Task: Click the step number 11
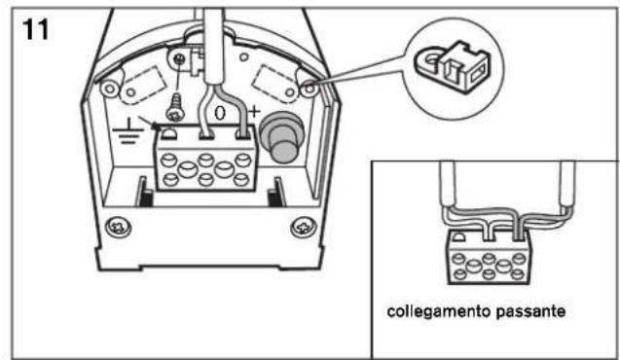[x=36, y=29]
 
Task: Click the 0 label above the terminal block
[x=220, y=113]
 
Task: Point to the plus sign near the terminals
[x=254, y=112]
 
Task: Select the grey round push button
[x=281, y=137]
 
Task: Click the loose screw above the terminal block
[x=175, y=106]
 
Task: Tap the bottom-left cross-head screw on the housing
[x=118, y=227]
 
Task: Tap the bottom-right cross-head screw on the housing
[x=304, y=228]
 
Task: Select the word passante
[x=530, y=311]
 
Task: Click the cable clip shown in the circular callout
[x=453, y=66]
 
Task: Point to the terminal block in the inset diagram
[x=489, y=257]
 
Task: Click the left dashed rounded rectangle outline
[x=143, y=86]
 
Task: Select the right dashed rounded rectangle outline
[x=275, y=85]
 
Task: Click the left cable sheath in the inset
[x=447, y=184]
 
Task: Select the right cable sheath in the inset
[x=567, y=184]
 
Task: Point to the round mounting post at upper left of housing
[x=109, y=89]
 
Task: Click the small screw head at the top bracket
[x=179, y=59]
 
